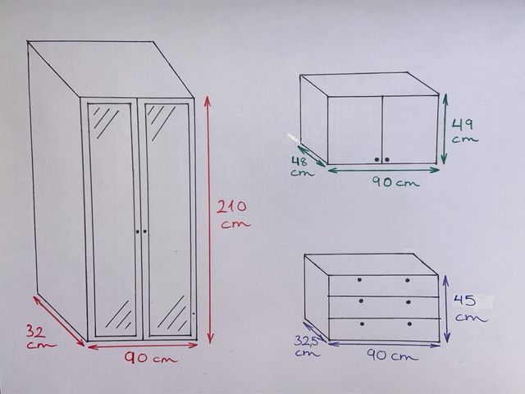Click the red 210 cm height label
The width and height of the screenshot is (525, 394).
[233, 214]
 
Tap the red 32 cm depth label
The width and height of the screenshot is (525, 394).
[41, 337]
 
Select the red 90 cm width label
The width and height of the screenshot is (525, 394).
[151, 358]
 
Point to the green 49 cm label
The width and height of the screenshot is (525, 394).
[464, 131]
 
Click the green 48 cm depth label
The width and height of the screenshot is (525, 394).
[301, 166]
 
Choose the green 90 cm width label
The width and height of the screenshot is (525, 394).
[395, 182]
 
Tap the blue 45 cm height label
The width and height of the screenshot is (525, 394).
[469, 308]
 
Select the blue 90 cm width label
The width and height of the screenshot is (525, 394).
[392, 355]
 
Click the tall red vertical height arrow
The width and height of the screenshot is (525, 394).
[208, 219]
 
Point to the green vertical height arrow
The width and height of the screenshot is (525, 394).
[445, 129]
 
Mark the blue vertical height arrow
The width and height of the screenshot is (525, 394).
[446, 309]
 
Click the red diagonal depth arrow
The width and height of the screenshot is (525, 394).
[58, 320]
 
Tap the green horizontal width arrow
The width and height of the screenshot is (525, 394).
[383, 170]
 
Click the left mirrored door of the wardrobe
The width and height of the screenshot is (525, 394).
[112, 219]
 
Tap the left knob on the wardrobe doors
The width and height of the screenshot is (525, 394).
[138, 231]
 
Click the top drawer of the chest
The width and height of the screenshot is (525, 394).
[384, 286]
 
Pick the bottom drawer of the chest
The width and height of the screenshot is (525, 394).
[385, 330]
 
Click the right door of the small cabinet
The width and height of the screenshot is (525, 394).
[410, 130]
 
